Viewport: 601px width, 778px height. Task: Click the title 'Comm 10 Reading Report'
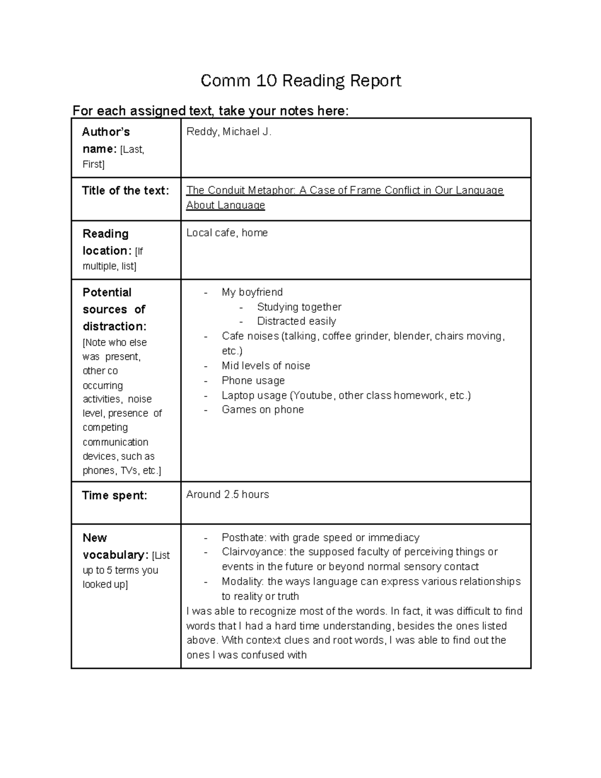coord(300,81)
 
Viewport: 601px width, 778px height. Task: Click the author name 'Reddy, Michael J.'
coord(229,132)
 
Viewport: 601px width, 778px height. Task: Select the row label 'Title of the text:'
coord(125,190)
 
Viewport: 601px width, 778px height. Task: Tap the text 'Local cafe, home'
coord(227,233)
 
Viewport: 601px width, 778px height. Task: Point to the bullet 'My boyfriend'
coord(252,292)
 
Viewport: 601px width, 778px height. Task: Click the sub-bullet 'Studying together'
coord(299,307)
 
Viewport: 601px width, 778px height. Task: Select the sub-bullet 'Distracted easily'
coord(296,321)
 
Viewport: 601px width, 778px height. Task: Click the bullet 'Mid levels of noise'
coord(265,366)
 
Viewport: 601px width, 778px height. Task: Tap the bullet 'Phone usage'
coord(253,381)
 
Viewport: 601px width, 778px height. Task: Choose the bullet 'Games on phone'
coord(262,410)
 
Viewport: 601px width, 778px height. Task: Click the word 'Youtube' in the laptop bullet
coord(313,395)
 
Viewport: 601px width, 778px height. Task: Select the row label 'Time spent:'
coord(114,495)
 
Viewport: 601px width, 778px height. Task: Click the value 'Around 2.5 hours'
coord(227,494)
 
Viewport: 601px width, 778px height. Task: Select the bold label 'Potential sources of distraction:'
coord(114,309)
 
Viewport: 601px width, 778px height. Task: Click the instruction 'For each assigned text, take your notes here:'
coord(210,111)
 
